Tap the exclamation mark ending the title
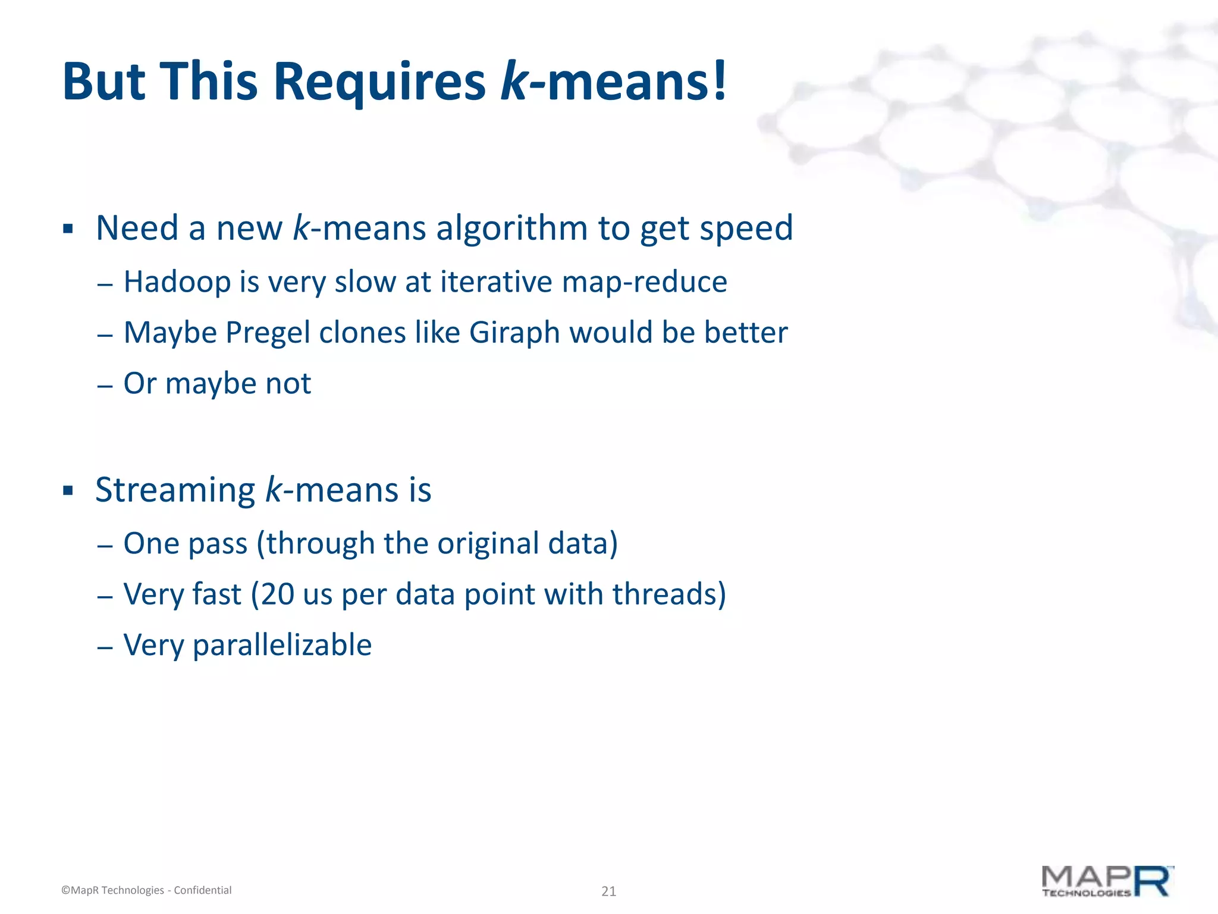[x=720, y=82]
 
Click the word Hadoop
[x=177, y=282]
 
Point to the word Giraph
[x=514, y=333]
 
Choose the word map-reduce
[x=643, y=282]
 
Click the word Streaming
[x=175, y=490]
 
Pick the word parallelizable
[x=282, y=645]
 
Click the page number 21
[x=608, y=891]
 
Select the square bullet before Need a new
[x=68, y=229]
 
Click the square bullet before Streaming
[x=68, y=491]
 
